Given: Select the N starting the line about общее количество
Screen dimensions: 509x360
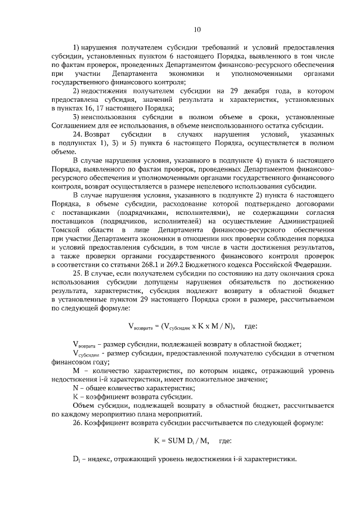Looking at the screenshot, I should click(76, 388).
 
